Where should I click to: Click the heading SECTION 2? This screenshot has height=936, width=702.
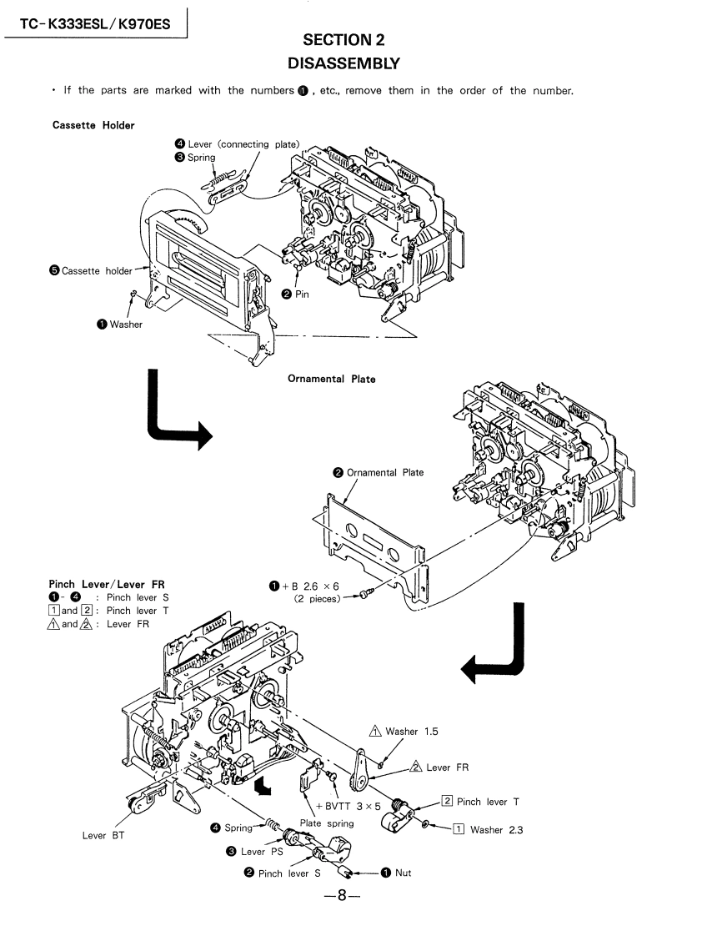pos(343,39)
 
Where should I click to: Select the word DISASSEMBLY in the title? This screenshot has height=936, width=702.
pos(343,63)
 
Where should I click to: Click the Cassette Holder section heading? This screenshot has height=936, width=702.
pos(93,125)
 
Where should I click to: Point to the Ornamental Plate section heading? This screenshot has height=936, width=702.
pos(331,379)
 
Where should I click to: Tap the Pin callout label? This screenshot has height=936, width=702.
pos(301,294)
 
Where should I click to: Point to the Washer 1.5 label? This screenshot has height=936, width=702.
pos(411,732)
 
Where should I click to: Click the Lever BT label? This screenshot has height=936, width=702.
pos(103,835)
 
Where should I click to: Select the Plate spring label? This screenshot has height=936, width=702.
pos(326,823)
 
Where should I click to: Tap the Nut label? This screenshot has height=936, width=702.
pos(403,873)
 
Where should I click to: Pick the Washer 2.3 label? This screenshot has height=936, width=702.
pos(496,829)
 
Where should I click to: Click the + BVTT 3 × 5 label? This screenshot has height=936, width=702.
pos(348,806)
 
